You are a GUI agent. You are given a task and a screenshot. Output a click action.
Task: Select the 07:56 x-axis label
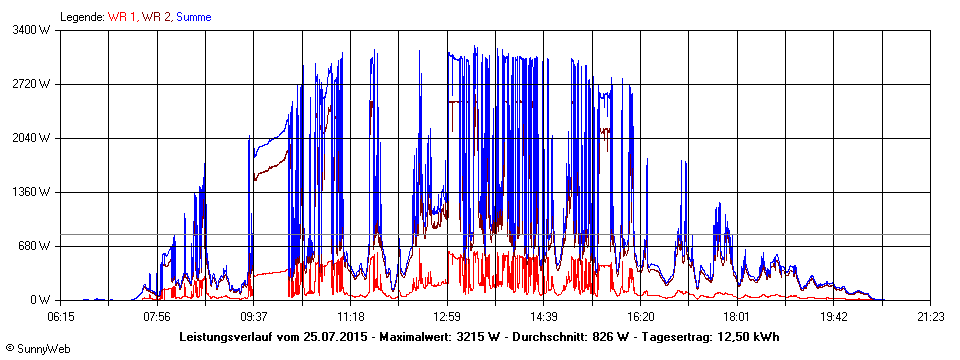click(157, 317)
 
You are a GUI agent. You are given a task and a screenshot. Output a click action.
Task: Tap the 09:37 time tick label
click(253, 317)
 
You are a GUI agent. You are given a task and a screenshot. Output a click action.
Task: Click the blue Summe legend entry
click(193, 17)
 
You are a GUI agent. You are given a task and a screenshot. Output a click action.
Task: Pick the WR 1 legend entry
click(122, 17)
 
